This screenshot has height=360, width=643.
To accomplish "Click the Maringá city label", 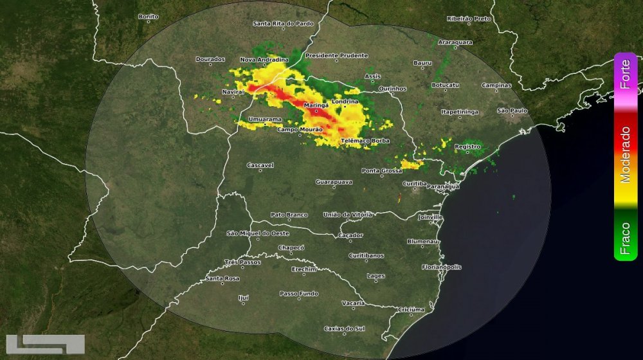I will pyautogui.click(x=316, y=104).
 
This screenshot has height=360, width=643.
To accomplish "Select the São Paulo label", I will pyautogui.click(x=512, y=111).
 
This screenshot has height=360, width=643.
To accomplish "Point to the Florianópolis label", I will pyautogui.click(x=442, y=266).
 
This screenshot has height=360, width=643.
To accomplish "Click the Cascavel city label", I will pyautogui.click(x=260, y=165).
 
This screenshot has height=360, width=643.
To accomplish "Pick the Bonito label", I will pyautogui.click(x=149, y=16).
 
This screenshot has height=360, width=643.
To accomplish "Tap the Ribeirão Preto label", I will pyautogui.click(x=469, y=19).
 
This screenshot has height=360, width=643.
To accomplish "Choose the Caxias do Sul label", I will pyautogui.click(x=344, y=328).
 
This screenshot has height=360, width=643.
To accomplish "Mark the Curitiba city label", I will pyautogui.click(x=414, y=183).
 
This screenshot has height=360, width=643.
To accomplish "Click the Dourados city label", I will pyautogui.click(x=210, y=59).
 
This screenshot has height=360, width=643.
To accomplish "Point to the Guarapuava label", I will pyautogui.click(x=334, y=182).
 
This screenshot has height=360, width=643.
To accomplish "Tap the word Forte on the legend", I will pyautogui.click(x=625, y=75).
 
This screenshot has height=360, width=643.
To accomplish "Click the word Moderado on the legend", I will pyautogui.click(x=625, y=154).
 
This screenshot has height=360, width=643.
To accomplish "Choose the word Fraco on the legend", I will pyautogui.click(x=625, y=239).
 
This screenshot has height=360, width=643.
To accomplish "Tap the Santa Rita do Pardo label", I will pyautogui.click(x=283, y=24).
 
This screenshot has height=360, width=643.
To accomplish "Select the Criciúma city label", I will pyautogui.click(x=412, y=309).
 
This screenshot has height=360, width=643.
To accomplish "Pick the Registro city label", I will pyautogui.click(x=467, y=147).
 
